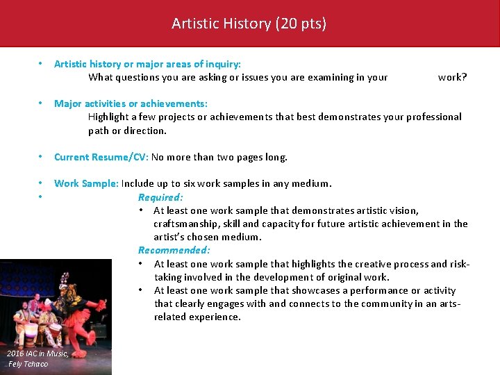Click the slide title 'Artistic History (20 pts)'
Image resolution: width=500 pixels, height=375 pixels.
click(x=249, y=24)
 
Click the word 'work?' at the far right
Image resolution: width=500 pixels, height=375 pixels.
click(x=452, y=77)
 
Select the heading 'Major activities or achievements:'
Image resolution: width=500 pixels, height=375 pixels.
click(x=131, y=103)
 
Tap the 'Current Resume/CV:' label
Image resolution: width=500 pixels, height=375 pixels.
click(x=101, y=157)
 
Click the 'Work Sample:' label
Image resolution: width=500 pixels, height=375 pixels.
click(x=87, y=183)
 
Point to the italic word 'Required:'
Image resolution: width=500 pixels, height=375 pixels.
click(x=160, y=197)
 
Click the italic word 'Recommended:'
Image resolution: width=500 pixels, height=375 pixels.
click(x=174, y=250)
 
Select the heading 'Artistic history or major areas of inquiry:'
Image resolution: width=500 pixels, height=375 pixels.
click(x=147, y=64)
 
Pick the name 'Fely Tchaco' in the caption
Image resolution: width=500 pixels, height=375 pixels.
click(x=28, y=364)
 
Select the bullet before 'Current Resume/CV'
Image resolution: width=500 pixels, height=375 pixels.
click(x=42, y=157)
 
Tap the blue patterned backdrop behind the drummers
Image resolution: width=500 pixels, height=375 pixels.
click(x=28, y=278)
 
